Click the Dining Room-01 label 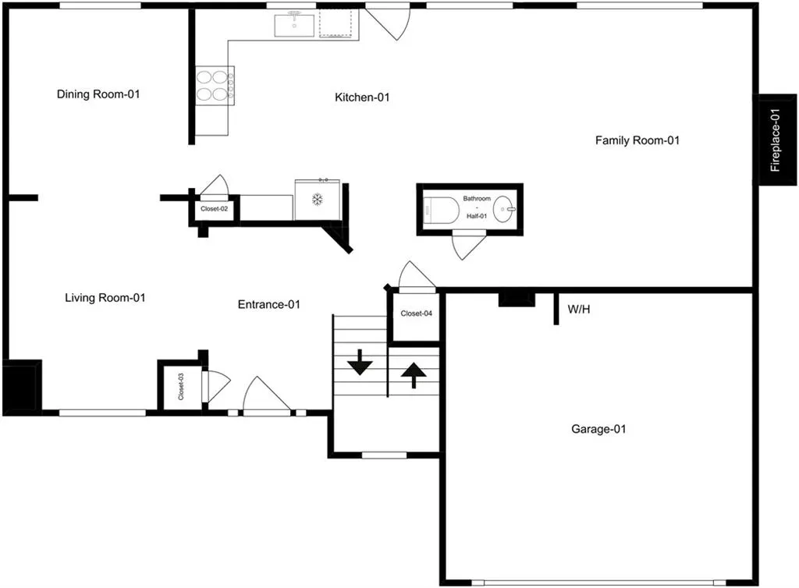point(98,94)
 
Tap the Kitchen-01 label point(362,97)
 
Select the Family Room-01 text point(637,140)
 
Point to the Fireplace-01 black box point(776,140)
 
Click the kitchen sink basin point(294,26)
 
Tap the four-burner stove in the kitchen point(215,86)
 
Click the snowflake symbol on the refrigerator point(318,200)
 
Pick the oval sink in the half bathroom point(504,209)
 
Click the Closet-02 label point(214,209)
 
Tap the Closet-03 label point(181,386)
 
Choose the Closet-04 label point(417,313)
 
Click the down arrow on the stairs point(360,363)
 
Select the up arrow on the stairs point(414,375)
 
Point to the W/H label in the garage point(579,310)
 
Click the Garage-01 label point(598,429)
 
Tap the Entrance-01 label point(269,304)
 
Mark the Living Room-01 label point(105,298)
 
